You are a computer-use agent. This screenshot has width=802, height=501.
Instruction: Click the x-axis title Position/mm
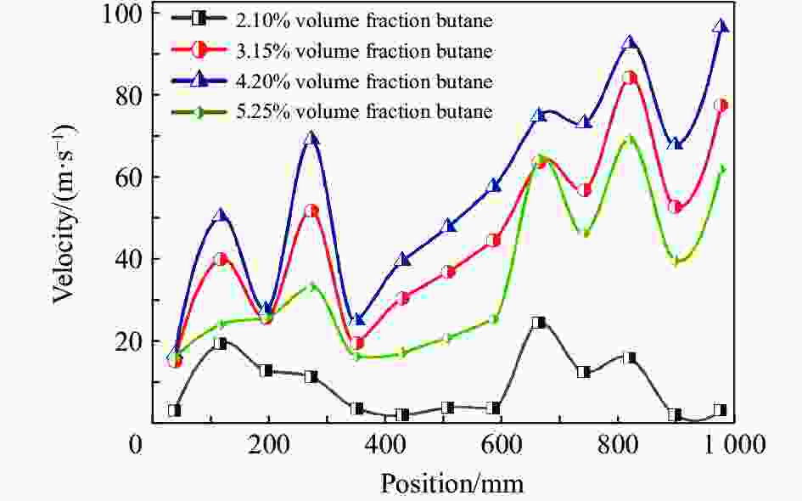tap(451, 483)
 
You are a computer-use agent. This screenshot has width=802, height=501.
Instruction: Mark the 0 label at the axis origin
tap(135, 444)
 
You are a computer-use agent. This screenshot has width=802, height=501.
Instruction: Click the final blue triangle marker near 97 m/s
tap(721, 26)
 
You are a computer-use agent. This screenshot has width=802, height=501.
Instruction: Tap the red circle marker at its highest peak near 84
tap(629, 78)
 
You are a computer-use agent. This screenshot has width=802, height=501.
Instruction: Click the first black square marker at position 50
tap(174, 410)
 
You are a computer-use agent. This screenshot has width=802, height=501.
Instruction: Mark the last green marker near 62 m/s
tap(722, 170)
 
